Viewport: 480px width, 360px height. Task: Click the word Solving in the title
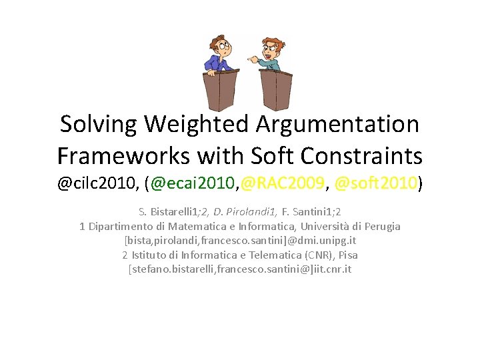(x=98, y=124)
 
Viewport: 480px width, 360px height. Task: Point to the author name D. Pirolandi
(x=237, y=212)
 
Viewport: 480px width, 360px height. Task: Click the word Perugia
(x=382, y=226)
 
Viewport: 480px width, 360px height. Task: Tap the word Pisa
(x=347, y=255)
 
